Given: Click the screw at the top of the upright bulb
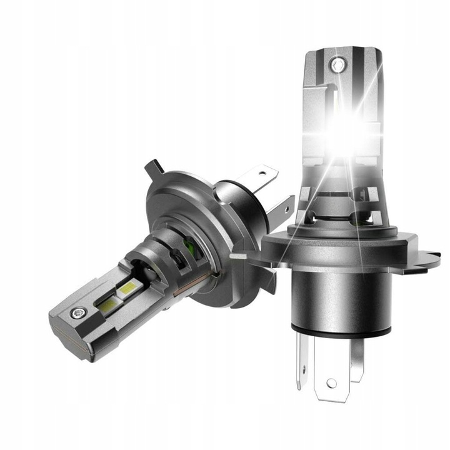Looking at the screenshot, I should pos(338,64).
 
